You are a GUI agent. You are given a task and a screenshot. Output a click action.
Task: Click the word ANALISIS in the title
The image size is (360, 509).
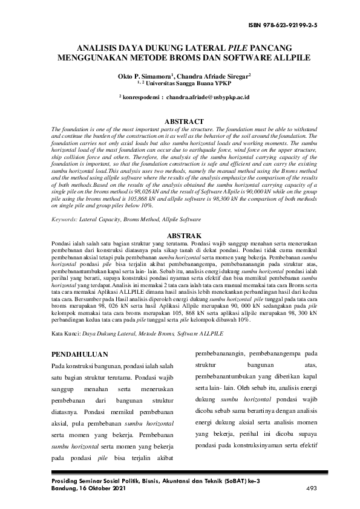coord(99,48)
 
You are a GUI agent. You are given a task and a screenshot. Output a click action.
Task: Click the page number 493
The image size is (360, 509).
coord(312,488)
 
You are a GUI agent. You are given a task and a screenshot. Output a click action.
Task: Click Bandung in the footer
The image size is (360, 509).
coord(64,488)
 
